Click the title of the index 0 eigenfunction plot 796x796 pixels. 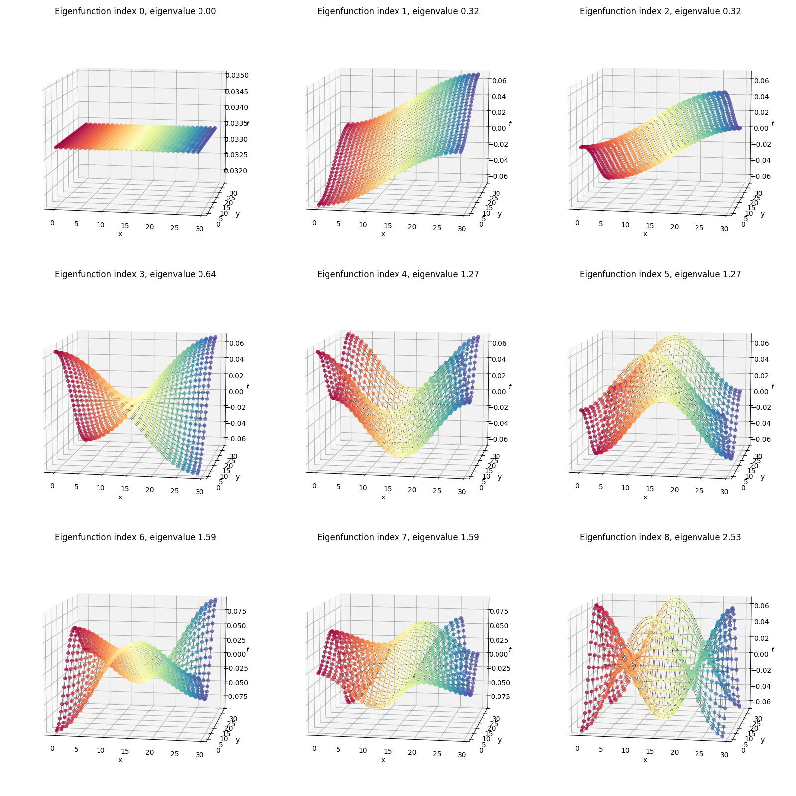[x=135, y=11]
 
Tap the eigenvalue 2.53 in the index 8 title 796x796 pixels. [x=731, y=537]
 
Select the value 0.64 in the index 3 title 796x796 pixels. [x=207, y=274]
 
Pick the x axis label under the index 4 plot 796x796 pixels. [x=383, y=497]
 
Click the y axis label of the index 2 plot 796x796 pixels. [x=762, y=214]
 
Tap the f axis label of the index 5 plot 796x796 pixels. [x=772, y=387]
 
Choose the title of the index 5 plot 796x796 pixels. [x=660, y=274]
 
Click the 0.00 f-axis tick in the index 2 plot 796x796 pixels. [x=762, y=128]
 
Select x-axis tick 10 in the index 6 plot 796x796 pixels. [x=101, y=751]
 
